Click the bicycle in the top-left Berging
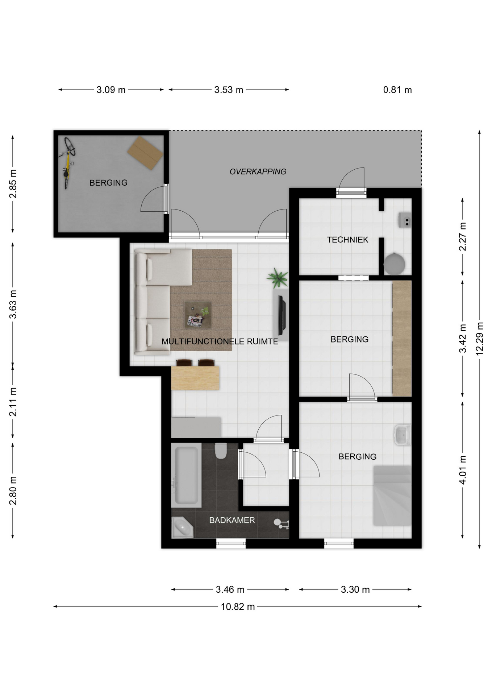click(67, 162)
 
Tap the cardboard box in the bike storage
click(145, 153)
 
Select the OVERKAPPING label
click(258, 171)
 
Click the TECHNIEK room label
click(347, 240)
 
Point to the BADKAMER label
click(232, 520)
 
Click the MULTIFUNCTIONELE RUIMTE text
click(220, 341)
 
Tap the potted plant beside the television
click(278, 278)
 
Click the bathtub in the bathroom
click(186, 475)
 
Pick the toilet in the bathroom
click(221, 451)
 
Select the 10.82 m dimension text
click(238, 606)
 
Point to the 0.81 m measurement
click(397, 90)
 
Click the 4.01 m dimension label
click(462, 470)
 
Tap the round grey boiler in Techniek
click(394, 264)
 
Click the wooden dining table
click(195, 378)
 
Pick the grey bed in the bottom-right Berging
click(392, 496)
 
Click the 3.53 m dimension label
click(229, 90)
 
